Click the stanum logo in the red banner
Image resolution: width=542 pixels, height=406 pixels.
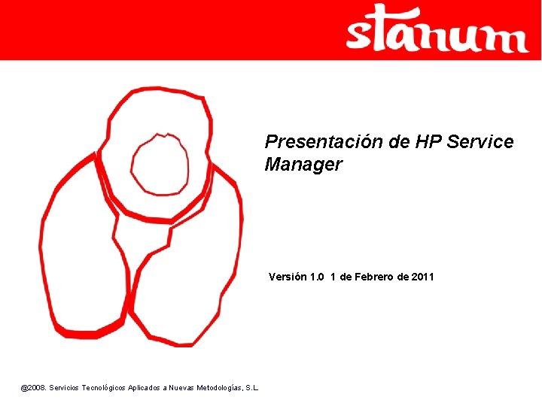tap(437, 30)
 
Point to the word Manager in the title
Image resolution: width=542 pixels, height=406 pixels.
tap(303, 165)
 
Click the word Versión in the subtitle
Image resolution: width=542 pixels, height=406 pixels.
tap(288, 277)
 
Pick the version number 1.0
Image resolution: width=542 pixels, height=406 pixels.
tap(316, 277)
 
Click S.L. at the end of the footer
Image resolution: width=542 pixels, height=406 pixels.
tap(252, 388)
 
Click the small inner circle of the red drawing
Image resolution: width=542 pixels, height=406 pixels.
tap(160, 164)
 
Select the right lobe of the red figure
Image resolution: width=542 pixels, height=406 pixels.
tap(196, 271)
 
